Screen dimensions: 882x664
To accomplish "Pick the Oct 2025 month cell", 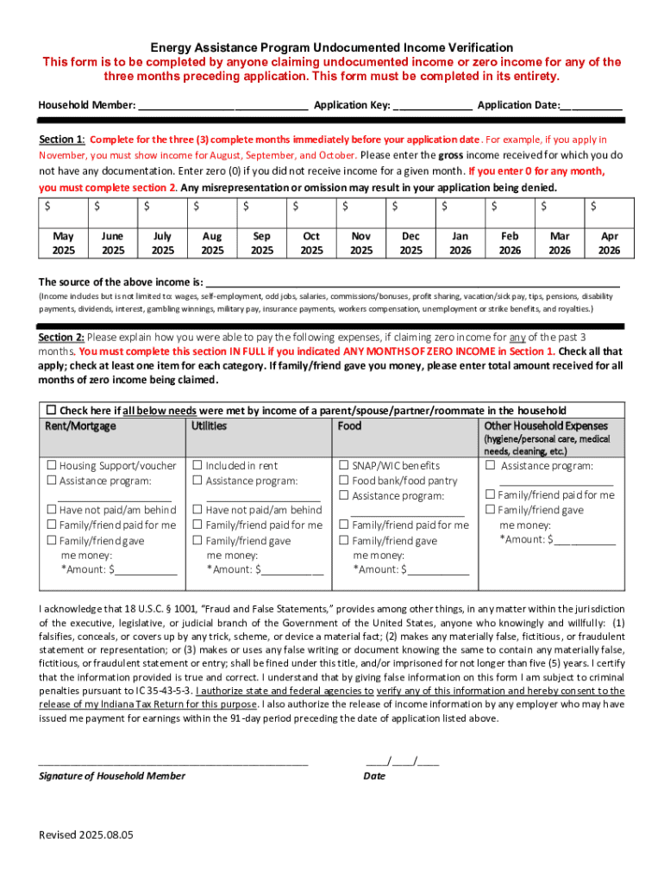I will coord(311,243).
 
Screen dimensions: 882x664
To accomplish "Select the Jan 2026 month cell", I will coord(460,243).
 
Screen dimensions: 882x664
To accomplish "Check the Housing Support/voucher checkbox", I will coord(52,466).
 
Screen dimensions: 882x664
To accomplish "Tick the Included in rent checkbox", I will coord(197,466).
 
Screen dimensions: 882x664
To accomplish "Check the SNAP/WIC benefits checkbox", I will coord(344,466).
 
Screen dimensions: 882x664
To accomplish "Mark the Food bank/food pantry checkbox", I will coord(344,481).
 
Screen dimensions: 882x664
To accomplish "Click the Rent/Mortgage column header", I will coord(80,425).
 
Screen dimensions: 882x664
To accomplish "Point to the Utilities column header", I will coord(210,425).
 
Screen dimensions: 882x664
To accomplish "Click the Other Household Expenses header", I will coord(546,425).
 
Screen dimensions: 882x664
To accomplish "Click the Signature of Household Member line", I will coord(172,761).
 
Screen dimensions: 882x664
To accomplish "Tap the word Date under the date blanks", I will coord(374,776).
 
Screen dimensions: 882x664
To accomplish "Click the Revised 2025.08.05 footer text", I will coord(85,835).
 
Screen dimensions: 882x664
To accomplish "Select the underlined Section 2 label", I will coord(61,337).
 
